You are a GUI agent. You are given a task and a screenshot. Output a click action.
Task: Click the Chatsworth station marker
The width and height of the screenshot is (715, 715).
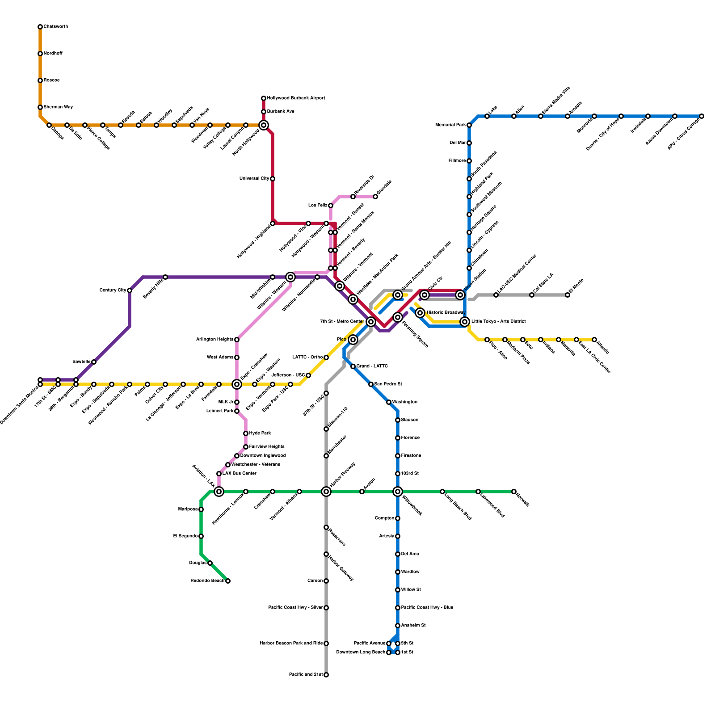click(40, 27)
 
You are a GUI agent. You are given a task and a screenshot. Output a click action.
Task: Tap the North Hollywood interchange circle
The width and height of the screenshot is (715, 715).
click(264, 125)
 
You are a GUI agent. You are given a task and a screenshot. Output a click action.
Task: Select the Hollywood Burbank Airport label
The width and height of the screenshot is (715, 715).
click(296, 98)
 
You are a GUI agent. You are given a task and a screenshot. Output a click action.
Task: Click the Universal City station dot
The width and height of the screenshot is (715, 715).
click(273, 179)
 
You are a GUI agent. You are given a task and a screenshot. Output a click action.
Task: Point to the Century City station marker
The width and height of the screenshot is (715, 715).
click(130, 290)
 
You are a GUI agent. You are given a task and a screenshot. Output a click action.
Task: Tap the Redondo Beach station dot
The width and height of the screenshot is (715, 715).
click(228, 581)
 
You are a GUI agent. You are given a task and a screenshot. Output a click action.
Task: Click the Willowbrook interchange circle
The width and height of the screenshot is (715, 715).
click(398, 492)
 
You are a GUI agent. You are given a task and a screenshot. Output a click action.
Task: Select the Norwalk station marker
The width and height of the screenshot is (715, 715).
click(514, 492)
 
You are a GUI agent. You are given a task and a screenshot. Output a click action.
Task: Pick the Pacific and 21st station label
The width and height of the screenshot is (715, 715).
click(306, 675)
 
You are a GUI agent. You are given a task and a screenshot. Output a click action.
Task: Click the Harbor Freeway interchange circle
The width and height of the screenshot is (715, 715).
click(326, 492)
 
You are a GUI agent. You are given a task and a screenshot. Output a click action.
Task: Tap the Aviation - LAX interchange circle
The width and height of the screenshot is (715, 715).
click(219, 492)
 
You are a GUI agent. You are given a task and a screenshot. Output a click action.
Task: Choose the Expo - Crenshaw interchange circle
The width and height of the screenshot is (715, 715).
click(237, 384)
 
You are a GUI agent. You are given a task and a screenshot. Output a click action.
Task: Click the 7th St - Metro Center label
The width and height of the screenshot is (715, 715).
click(342, 322)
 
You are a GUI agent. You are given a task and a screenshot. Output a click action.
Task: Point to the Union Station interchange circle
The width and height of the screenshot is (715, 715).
click(460, 295)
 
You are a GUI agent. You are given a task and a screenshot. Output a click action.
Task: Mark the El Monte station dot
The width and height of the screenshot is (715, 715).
click(568, 295)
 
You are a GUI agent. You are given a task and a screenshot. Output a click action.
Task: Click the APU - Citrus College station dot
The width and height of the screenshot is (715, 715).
click(702, 116)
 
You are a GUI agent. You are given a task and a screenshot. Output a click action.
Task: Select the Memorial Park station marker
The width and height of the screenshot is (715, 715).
click(469, 125)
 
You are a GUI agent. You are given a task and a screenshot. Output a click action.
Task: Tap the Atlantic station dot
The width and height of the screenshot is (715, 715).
click(594, 340)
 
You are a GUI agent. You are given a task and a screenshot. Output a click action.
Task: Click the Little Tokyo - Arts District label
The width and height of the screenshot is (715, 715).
click(498, 322)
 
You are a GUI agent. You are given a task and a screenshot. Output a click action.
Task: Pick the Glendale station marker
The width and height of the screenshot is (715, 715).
click(375, 197)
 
